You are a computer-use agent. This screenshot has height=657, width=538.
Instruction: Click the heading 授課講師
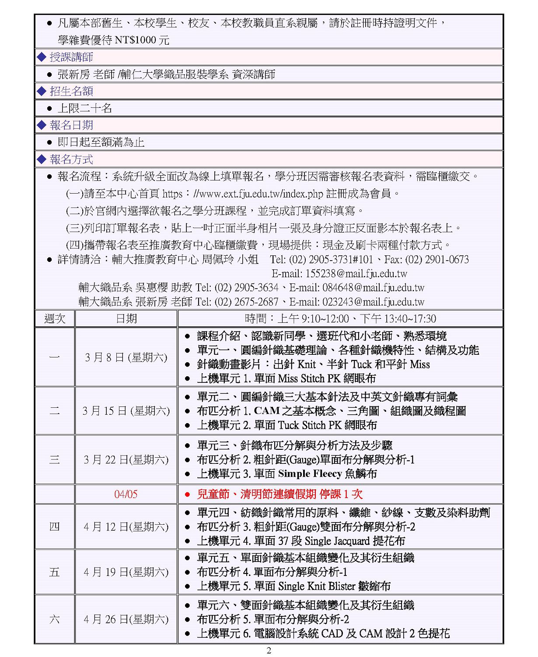(71, 57)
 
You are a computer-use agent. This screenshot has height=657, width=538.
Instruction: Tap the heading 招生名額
(71, 91)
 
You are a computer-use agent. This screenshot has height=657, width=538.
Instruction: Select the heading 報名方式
(71, 159)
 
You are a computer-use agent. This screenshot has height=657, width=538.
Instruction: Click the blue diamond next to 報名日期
(42, 125)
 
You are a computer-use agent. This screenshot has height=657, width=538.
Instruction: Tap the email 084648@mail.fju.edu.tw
(374, 288)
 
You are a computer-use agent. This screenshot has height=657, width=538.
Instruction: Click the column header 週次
(55, 318)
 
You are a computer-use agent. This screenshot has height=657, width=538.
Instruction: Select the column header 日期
(126, 318)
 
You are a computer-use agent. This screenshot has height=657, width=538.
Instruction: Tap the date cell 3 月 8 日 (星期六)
(126, 357)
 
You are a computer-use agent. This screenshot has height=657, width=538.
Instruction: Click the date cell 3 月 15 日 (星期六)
(126, 411)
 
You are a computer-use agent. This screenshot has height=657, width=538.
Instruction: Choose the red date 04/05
(126, 495)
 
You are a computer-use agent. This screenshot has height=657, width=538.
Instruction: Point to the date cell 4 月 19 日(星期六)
(126, 572)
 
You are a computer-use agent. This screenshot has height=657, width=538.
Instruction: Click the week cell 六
(55, 619)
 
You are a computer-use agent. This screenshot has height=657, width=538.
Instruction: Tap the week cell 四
(55, 526)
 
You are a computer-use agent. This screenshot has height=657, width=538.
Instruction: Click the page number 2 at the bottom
(269, 650)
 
